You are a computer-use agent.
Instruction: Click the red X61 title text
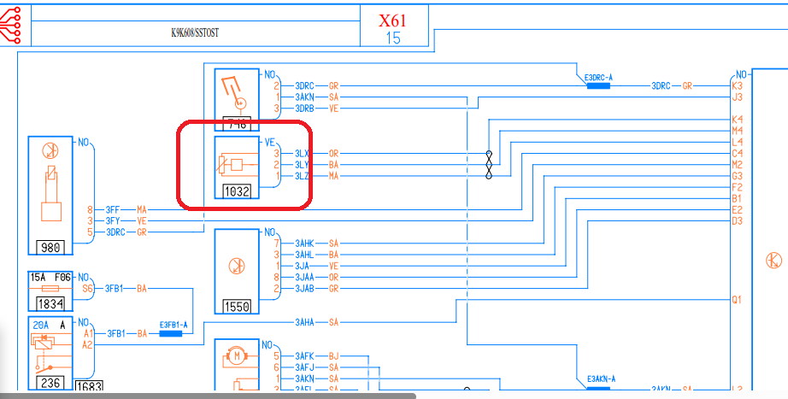click(x=393, y=19)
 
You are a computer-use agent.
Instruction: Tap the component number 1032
click(x=237, y=191)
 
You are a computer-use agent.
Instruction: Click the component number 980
click(x=50, y=247)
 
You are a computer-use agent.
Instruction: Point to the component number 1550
click(x=237, y=306)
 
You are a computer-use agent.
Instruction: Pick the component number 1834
click(x=50, y=304)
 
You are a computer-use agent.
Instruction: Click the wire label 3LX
click(x=302, y=154)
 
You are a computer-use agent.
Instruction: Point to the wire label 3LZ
click(x=302, y=176)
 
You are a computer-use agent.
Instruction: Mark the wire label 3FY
click(x=113, y=220)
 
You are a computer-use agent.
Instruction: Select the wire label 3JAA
click(x=305, y=277)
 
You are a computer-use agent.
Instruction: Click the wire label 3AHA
click(x=305, y=322)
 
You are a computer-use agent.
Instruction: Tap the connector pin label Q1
click(x=737, y=300)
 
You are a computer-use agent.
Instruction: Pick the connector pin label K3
click(x=737, y=86)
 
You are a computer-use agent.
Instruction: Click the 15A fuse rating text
click(x=38, y=277)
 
